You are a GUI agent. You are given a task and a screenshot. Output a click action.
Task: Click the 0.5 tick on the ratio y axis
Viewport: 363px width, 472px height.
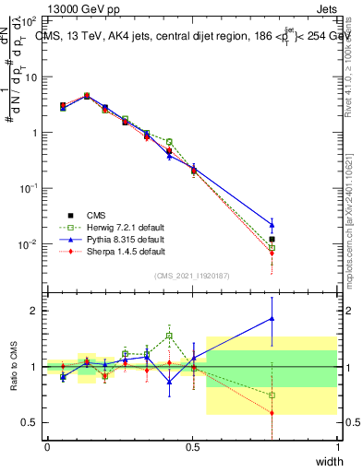point(33,422)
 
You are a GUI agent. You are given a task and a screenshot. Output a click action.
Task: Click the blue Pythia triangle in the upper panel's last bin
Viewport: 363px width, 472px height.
point(271,224)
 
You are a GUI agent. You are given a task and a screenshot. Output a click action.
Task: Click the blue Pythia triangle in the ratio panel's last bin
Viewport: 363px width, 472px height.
point(271,319)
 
